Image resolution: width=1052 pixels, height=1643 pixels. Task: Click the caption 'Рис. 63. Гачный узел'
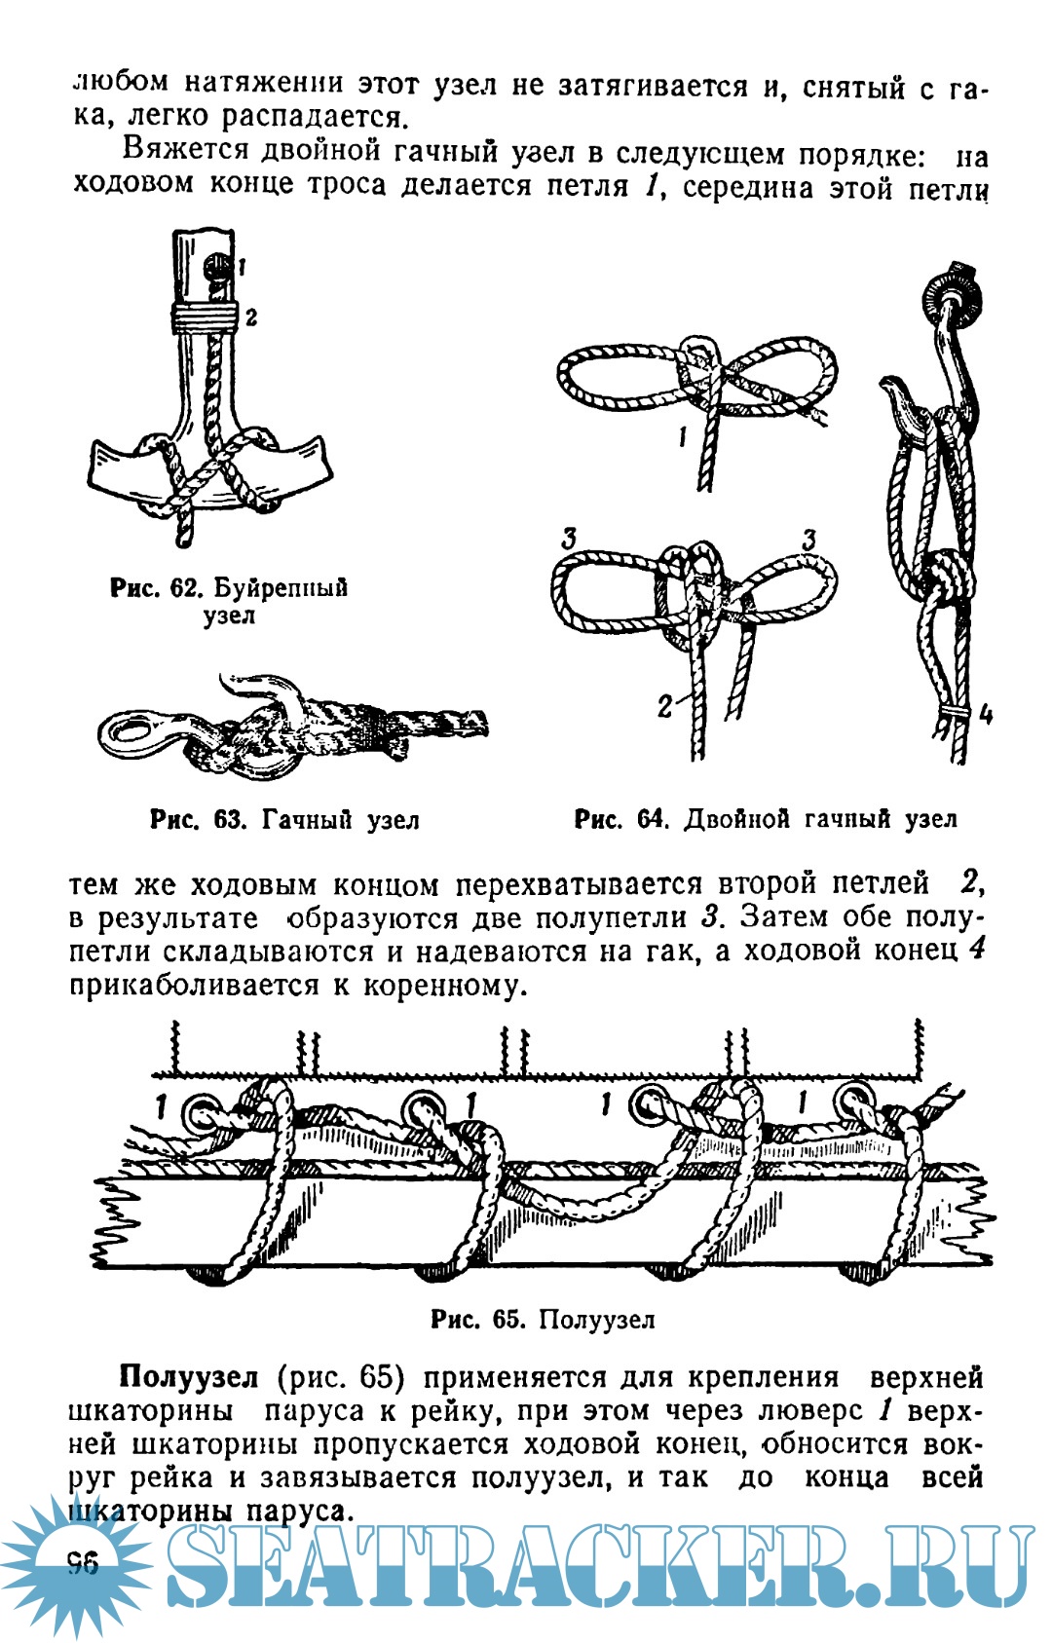[x=284, y=820]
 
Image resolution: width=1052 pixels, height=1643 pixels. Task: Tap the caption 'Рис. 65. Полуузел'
[x=543, y=1320]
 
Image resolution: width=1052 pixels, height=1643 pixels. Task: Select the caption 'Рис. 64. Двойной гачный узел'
[x=766, y=820]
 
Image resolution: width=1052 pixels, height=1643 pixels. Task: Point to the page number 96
[x=83, y=1563]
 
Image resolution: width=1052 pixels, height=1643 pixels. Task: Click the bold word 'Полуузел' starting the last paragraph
[x=189, y=1377]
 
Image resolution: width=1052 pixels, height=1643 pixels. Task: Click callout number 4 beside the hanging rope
[x=986, y=715]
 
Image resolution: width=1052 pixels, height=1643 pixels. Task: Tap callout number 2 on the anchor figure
[x=251, y=317]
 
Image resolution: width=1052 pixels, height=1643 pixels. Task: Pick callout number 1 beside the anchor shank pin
[x=241, y=265]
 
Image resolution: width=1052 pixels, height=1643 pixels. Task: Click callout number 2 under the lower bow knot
[x=665, y=704]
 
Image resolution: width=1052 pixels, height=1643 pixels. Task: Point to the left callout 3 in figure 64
[x=569, y=537]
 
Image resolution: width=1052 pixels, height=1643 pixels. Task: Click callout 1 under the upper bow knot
[x=683, y=437]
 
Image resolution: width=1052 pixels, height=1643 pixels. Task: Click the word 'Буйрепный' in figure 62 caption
[x=281, y=588]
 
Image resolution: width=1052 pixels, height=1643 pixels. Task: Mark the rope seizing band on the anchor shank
[x=205, y=316]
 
